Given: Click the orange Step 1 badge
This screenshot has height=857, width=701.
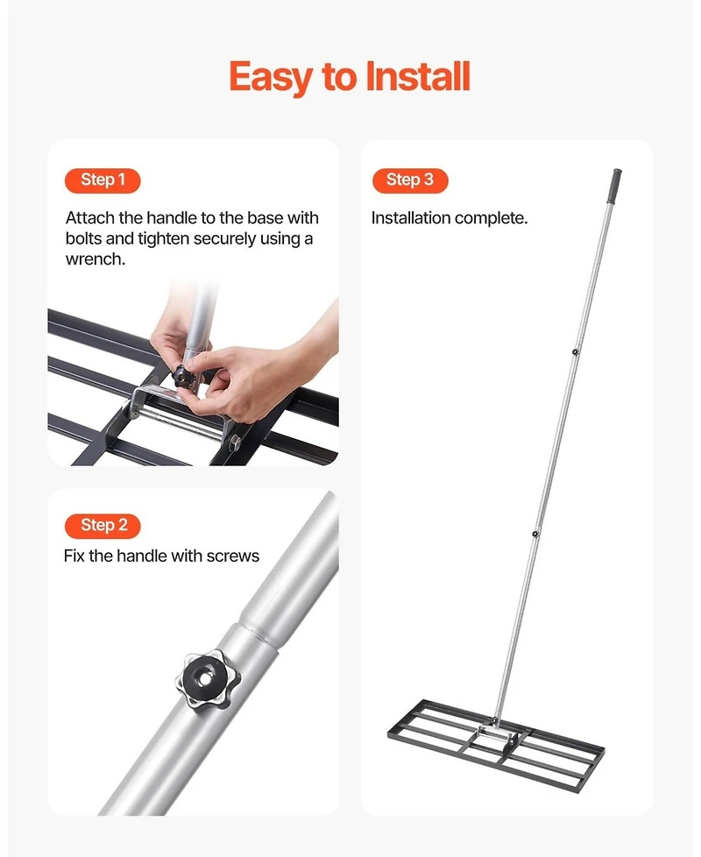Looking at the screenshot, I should pyautogui.click(x=103, y=181).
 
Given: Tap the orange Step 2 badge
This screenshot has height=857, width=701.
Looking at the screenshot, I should pyautogui.click(x=103, y=526).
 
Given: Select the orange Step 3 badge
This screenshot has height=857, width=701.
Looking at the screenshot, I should pyautogui.click(x=409, y=181).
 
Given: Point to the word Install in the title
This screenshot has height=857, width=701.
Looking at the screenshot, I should pyautogui.click(x=417, y=77).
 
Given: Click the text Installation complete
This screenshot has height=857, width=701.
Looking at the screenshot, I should pyautogui.click(x=450, y=218).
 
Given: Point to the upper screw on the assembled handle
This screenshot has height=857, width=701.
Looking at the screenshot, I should pyautogui.click(x=575, y=352).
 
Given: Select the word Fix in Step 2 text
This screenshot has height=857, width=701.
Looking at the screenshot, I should pyautogui.click(x=74, y=556).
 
